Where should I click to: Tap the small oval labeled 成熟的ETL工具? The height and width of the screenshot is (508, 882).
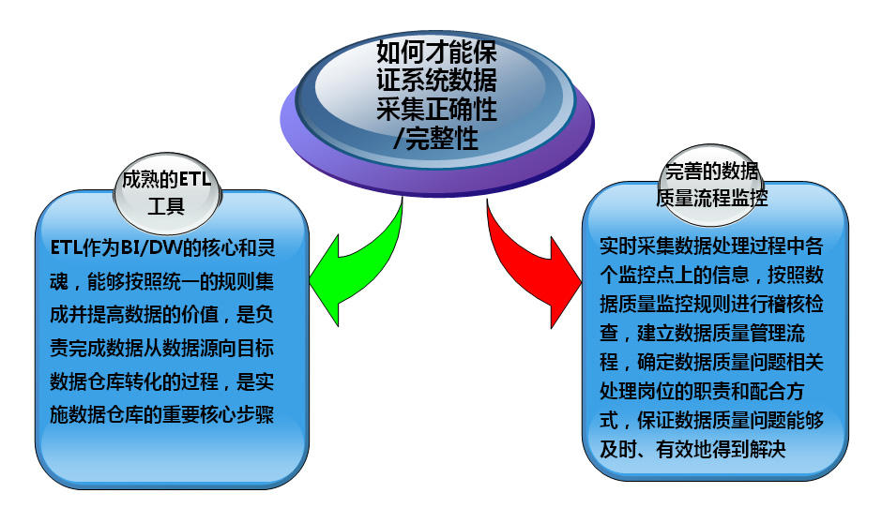[168, 193]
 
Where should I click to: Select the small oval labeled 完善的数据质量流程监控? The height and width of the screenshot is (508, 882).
[712, 186]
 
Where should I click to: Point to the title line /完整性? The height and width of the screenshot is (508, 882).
[436, 138]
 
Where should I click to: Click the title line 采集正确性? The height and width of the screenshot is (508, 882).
[436, 109]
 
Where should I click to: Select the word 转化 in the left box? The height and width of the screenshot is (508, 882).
[143, 381]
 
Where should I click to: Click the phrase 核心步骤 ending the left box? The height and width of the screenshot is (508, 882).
[236, 414]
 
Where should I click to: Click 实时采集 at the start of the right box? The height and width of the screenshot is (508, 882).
[637, 246]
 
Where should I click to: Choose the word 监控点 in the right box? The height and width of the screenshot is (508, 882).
[646, 275]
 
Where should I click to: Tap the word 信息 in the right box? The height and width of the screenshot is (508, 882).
[731, 275]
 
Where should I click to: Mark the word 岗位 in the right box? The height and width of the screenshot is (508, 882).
[656, 391]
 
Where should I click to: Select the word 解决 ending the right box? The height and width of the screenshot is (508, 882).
[767, 449]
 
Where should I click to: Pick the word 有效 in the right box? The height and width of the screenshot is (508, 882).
[675, 449]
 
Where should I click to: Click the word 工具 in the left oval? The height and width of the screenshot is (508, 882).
[166, 206]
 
